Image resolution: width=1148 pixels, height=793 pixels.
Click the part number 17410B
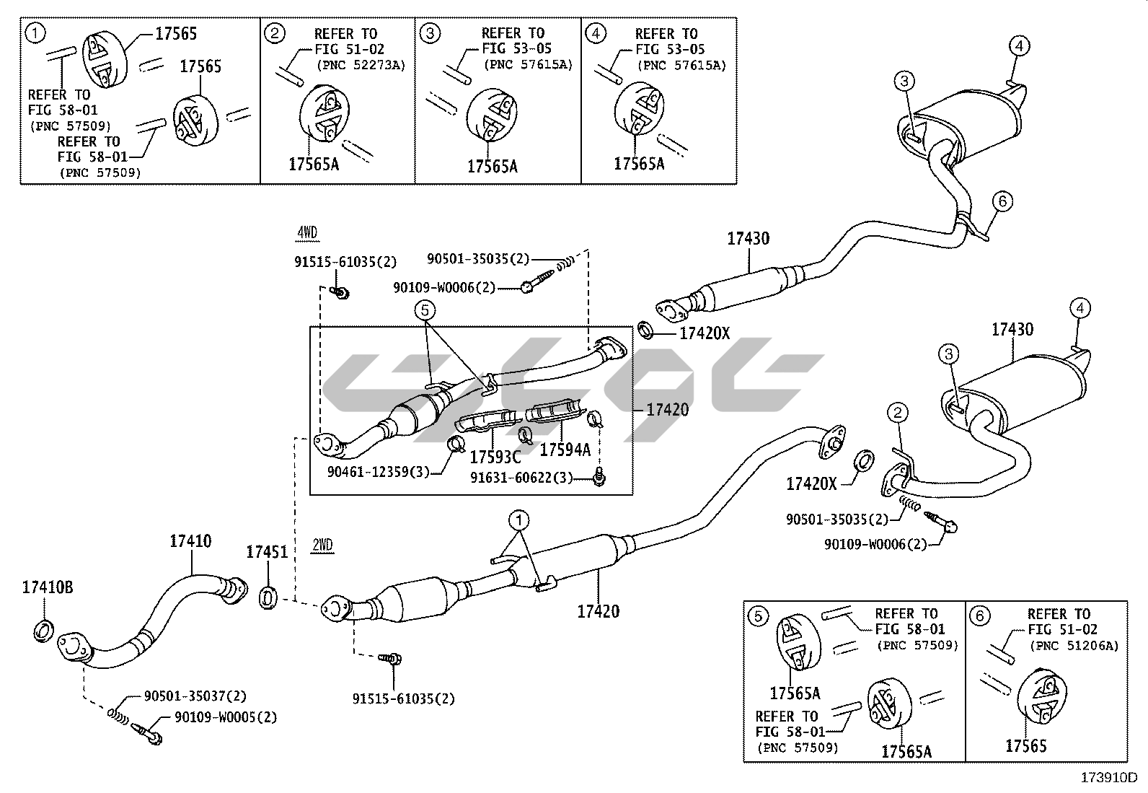[x=46, y=587]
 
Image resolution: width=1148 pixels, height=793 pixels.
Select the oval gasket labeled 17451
[x=268, y=598]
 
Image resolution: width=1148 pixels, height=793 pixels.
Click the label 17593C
[x=495, y=457]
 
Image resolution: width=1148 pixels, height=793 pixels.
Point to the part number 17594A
[x=565, y=450]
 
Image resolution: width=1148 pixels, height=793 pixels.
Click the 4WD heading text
[x=307, y=232]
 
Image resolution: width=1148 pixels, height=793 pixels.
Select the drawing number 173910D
[x=1108, y=778]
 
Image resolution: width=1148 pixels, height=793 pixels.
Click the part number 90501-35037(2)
[x=195, y=696]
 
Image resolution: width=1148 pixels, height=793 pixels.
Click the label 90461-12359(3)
[x=378, y=472]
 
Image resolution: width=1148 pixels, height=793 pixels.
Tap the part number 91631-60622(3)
[x=521, y=478]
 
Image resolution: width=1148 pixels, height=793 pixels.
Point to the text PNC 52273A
[x=361, y=65]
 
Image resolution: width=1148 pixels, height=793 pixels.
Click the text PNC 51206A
[x=1074, y=646]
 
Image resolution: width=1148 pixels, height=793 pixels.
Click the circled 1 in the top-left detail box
[x=35, y=32]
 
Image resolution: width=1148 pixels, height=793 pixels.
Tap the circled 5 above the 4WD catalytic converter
[x=425, y=310]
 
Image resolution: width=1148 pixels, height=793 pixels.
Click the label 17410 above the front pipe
[x=191, y=540]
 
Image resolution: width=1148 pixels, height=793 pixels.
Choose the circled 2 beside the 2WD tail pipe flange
[x=898, y=413]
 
